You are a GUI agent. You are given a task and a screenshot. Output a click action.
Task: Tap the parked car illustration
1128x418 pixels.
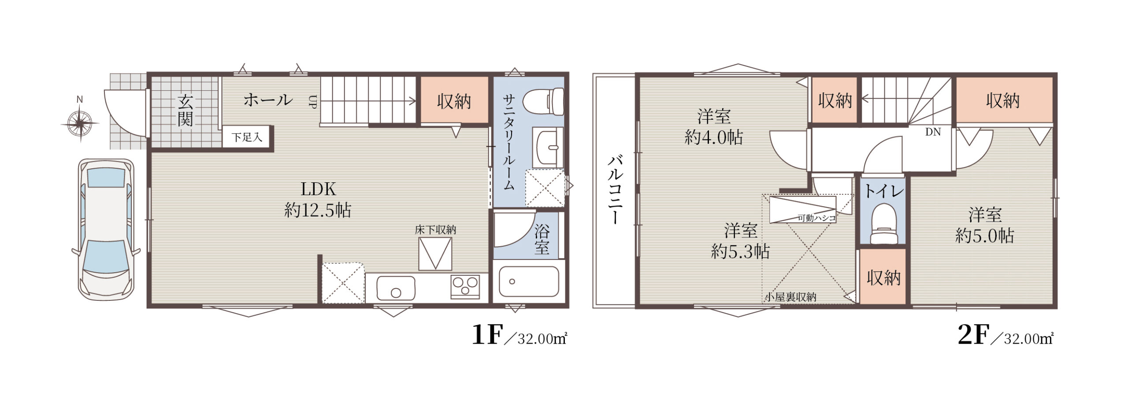click(x=106, y=230)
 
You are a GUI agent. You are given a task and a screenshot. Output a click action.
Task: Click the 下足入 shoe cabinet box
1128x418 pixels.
click(x=247, y=137)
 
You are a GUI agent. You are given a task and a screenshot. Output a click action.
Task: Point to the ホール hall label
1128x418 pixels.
click(x=268, y=100)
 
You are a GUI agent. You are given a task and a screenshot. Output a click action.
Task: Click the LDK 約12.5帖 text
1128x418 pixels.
click(x=318, y=200)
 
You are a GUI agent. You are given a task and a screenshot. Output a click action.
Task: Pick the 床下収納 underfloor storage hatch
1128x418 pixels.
click(x=435, y=254)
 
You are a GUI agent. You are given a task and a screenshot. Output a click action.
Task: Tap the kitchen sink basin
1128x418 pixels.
click(x=396, y=288)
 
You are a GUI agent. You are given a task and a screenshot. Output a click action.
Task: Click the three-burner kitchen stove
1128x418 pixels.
click(x=465, y=287)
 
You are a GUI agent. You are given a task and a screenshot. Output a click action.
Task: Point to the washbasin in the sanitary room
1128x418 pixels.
click(x=548, y=147)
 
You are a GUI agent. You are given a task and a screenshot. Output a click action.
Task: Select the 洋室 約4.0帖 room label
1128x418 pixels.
click(x=714, y=127)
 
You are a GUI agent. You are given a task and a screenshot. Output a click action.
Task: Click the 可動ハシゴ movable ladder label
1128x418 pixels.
click(x=817, y=218)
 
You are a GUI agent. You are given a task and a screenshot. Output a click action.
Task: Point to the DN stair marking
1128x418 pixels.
click(x=933, y=132)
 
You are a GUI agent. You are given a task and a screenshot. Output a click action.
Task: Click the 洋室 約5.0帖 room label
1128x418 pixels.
click(x=985, y=226)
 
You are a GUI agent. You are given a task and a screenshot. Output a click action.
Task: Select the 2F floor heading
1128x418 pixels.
click(x=973, y=336)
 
